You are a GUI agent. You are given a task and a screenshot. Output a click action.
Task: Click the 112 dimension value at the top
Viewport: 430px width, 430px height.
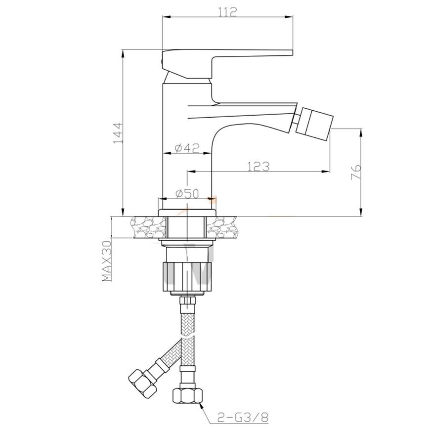227,11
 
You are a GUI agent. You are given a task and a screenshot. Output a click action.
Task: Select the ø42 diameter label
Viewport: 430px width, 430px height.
187,148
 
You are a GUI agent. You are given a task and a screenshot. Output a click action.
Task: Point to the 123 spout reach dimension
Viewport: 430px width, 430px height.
258,167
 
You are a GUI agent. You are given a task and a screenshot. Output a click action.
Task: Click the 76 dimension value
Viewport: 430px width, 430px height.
356,172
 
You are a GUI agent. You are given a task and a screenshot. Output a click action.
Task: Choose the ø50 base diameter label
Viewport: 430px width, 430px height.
187,194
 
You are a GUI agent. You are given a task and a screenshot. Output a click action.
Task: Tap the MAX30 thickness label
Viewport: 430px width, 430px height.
107,261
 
